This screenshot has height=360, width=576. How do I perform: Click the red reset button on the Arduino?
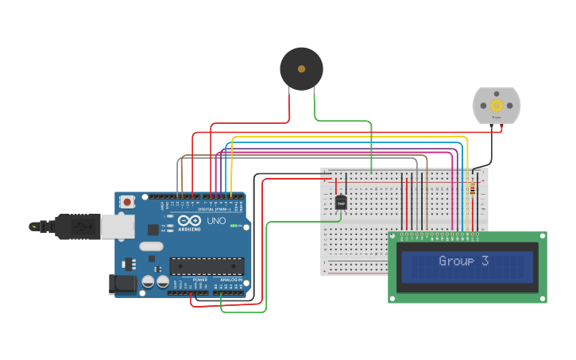126,203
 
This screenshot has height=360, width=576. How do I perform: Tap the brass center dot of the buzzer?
301,69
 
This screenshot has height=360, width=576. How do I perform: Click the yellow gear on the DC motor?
497,105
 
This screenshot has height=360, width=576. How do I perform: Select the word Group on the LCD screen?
456,261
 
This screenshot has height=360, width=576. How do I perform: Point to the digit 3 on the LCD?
485,261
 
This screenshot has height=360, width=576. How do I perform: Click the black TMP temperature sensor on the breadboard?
342,203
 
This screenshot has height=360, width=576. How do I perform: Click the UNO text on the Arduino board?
217,221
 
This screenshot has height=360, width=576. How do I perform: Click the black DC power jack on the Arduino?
121,283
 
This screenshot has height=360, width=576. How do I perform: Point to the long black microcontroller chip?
207,266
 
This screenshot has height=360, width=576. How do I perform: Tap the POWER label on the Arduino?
199,280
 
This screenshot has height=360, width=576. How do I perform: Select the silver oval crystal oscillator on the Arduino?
151,246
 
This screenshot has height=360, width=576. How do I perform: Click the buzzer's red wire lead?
289,103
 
